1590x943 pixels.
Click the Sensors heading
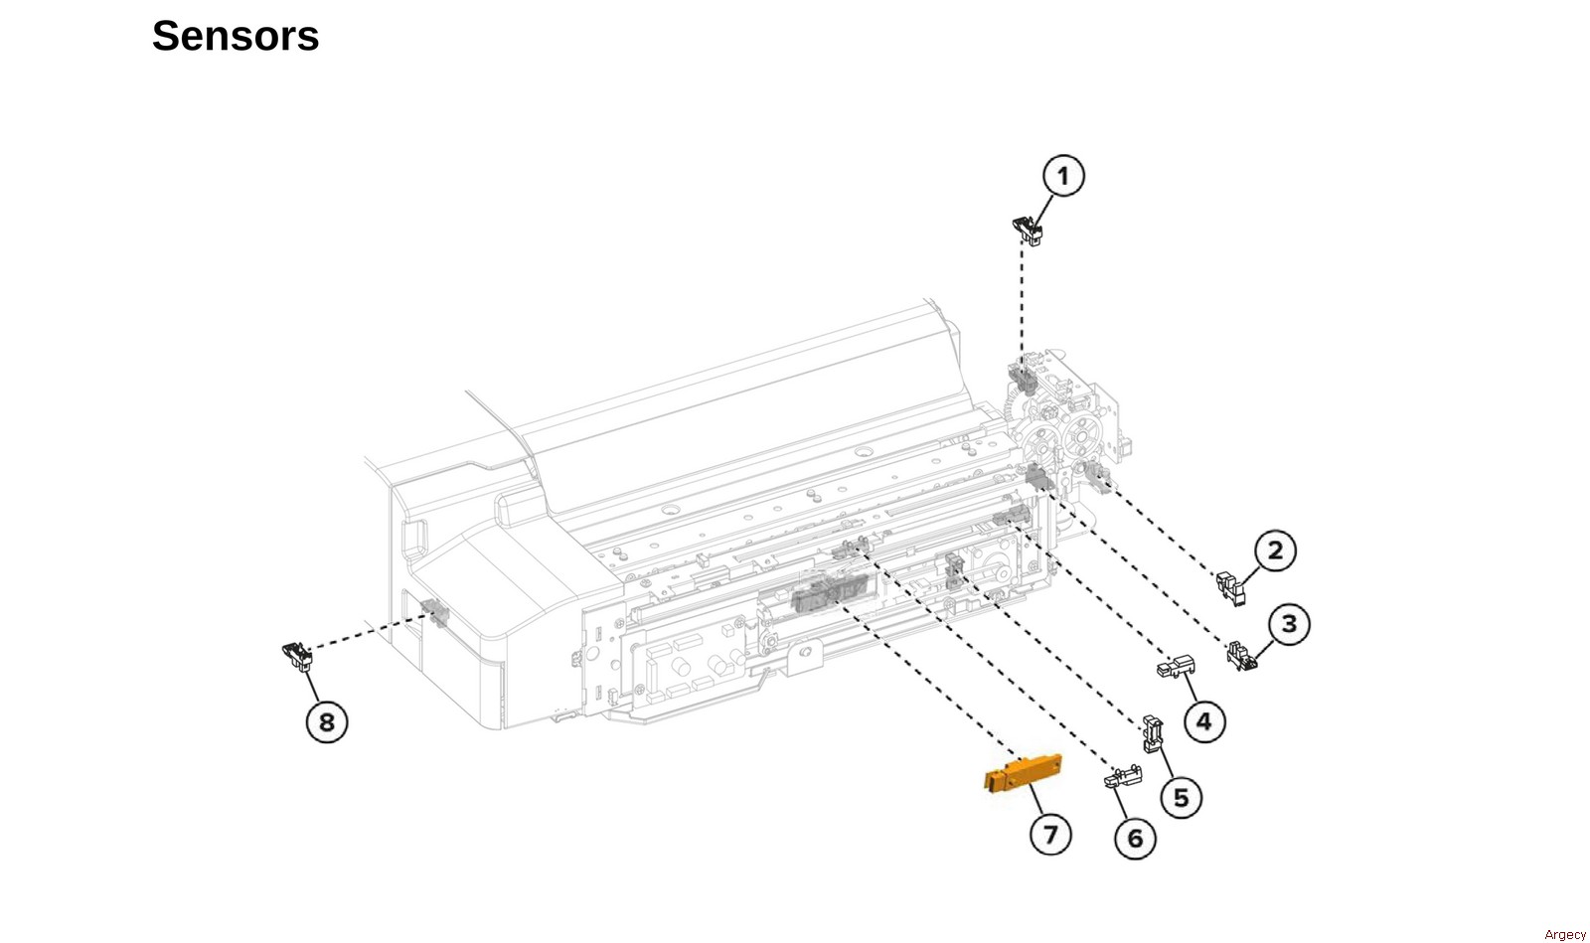point(236,36)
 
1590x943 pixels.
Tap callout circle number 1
point(1063,176)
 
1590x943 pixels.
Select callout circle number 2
point(1275,550)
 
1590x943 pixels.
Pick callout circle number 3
point(1288,624)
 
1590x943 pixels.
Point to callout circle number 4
point(1204,721)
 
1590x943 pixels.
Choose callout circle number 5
point(1182,798)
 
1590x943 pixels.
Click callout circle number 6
point(1136,839)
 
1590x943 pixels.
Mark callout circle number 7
point(1050,835)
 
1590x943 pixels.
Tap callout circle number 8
point(327,722)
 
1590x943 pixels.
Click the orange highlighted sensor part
point(1023,773)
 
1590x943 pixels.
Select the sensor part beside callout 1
point(1028,232)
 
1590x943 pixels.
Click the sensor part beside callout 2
point(1231,587)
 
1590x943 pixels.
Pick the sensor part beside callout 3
point(1242,657)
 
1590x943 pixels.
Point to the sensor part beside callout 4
point(1176,667)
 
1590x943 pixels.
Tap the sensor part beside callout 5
point(1153,733)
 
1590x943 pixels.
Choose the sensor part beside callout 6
point(1123,776)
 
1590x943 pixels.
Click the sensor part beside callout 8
point(297,657)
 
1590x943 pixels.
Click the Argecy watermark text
point(1564,934)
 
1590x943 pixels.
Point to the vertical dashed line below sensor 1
point(1023,301)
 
